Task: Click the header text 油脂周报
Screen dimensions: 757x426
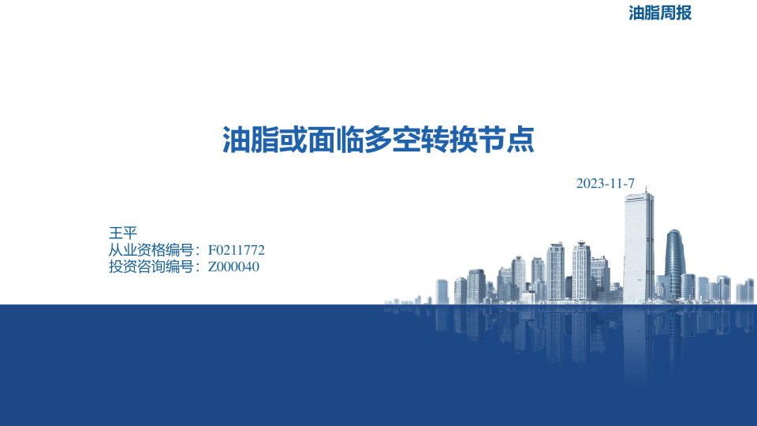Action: pos(660,13)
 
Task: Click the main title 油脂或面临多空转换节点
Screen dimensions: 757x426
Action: pos(378,140)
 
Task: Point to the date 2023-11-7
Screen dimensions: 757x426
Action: pos(606,184)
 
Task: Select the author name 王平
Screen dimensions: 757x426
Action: pos(123,233)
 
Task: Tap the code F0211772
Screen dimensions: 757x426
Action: pos(236,250)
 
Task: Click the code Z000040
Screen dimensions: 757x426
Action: pos(233,267)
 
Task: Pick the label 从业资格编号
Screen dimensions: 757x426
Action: pos(151,250)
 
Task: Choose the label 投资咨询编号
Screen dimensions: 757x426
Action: pos(151,267)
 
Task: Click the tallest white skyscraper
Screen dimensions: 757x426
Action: pos(638,247)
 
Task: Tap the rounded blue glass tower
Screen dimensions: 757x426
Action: pos(674,263)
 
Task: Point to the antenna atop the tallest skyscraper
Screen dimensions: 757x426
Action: pos(646,190)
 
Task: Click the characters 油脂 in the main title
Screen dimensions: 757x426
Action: pos(250,140)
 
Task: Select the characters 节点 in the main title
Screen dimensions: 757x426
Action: pos(506,140)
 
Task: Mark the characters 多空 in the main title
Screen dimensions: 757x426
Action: pos(393,140)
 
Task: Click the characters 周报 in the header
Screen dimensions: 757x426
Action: pos(676,13)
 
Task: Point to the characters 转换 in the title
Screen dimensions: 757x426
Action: pos(449,140)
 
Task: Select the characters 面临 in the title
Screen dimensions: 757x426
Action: pos(336,140)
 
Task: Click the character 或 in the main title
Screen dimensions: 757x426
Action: pos(293,140)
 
